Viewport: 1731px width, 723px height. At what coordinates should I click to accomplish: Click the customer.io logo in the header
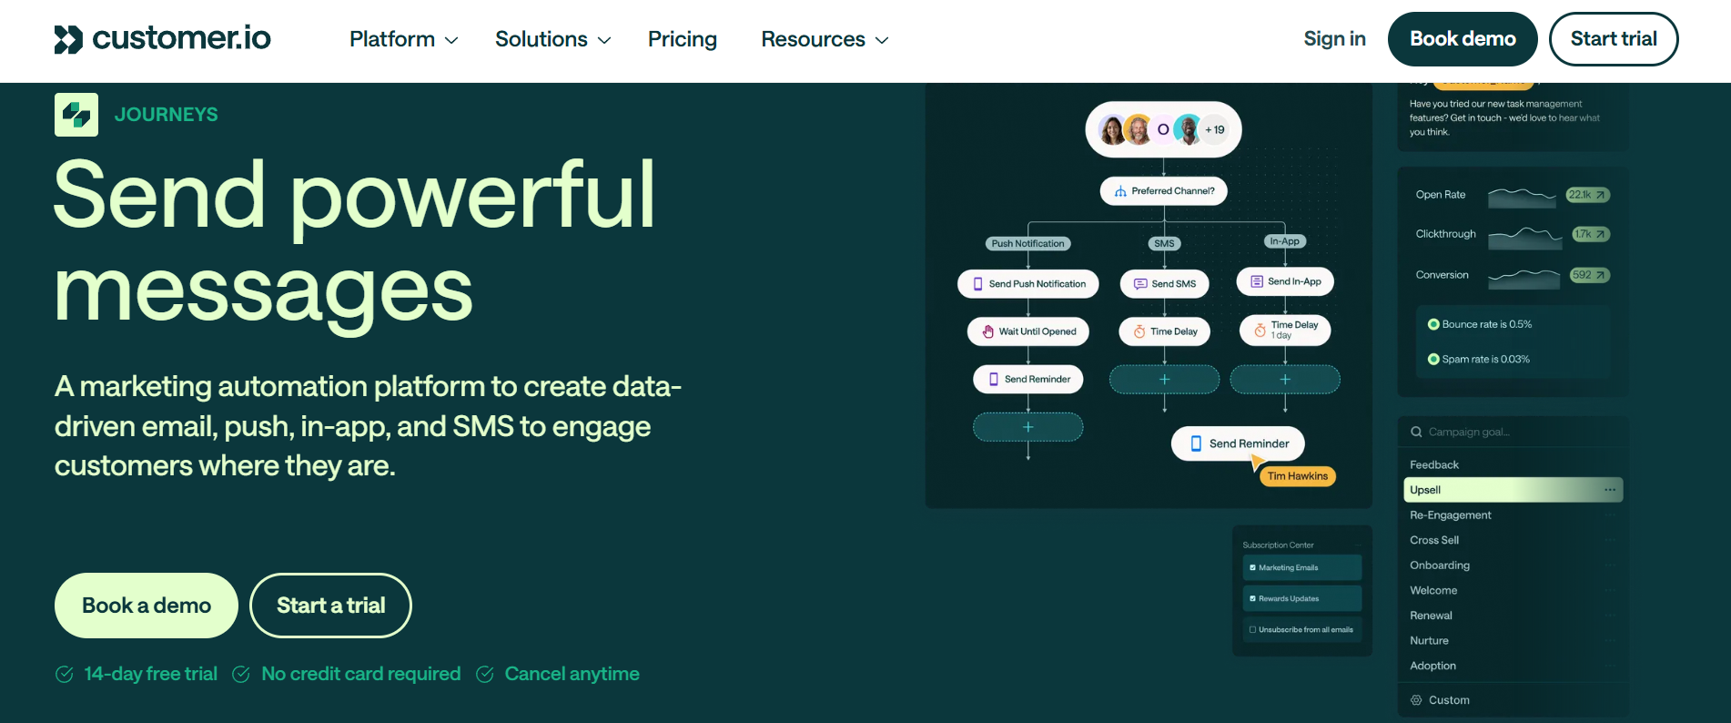(163, 38)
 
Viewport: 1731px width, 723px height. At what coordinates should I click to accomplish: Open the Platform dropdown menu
(403, 39)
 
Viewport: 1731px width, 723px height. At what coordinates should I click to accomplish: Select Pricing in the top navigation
(682, 39)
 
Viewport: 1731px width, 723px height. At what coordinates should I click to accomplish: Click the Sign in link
(1334, 38)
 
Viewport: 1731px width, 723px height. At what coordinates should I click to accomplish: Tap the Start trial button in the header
(1613, 39)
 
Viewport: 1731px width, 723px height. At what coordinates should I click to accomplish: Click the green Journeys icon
(76, 115)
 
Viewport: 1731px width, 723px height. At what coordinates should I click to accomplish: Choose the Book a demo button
(147, 606)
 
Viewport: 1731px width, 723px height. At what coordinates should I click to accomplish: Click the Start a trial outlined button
(330, 606)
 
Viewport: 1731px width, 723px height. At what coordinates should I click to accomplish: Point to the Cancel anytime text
(572, 674)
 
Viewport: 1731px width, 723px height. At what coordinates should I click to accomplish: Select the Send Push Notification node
(1027, 284)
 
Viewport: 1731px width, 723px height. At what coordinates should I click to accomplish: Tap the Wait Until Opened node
(1027, 331)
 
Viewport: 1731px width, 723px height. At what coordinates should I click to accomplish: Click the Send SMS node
(1164, 284)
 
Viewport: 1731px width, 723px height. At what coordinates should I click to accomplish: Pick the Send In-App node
(1284, 281)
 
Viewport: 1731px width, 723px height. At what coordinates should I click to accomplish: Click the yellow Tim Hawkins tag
(1297, 476)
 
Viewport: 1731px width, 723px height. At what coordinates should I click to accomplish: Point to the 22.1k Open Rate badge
(1587, 195)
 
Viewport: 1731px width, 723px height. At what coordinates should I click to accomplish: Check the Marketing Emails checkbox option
(1253, 567)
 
